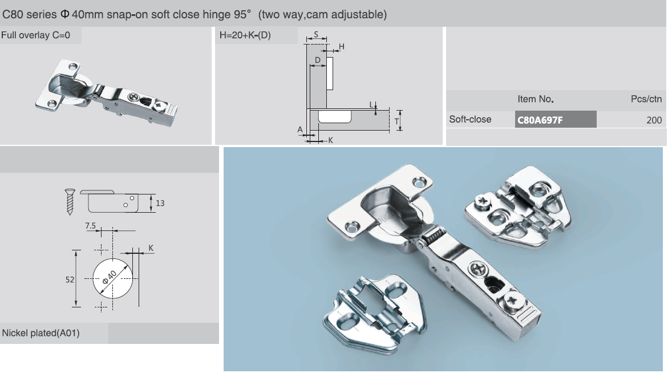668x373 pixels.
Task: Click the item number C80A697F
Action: tap(540, 120)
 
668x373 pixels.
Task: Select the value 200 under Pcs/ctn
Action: tap(654, 120)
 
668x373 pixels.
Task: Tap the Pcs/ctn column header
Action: tap(646, 99)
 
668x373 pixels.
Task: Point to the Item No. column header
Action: tap(536, 99)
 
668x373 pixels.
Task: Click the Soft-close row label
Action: tap(470, 119)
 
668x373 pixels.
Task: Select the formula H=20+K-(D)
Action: tap(245, 35)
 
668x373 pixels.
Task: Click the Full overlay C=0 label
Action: tap(35, 35)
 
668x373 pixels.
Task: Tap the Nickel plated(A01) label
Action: tap(41, 333)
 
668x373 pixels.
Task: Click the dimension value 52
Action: tap(70, 279)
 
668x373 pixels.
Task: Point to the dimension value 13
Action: tap(160, 203)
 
